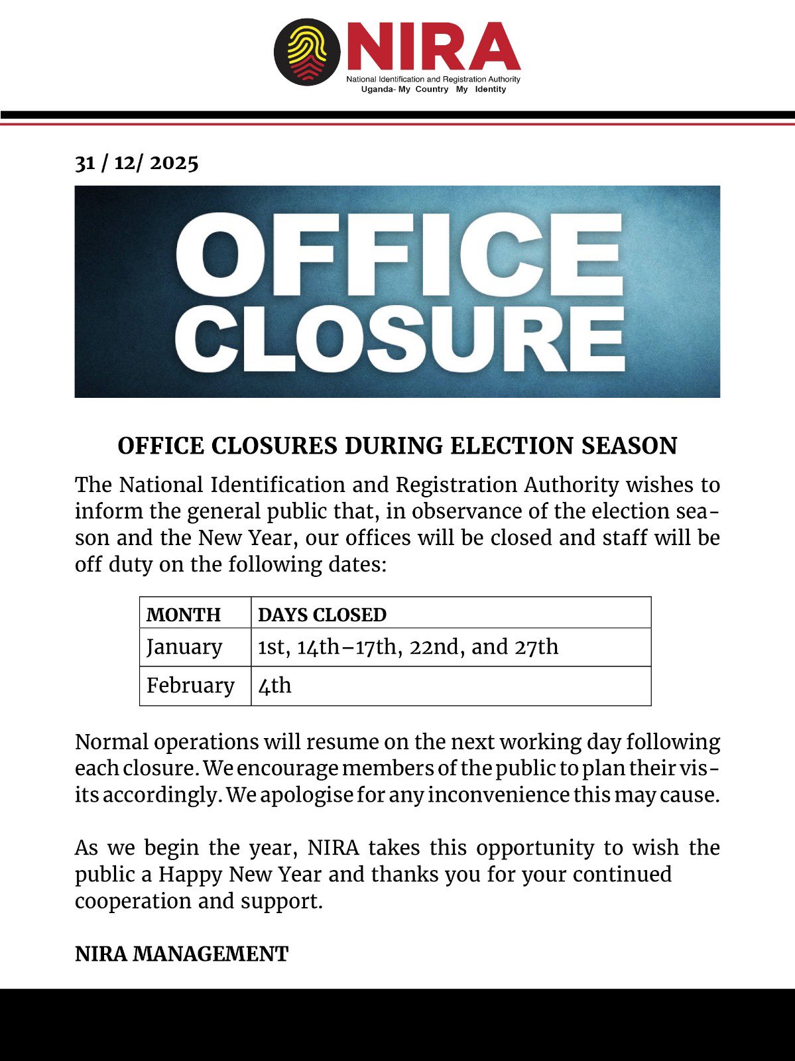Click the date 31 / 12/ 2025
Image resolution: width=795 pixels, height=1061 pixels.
[137, 162]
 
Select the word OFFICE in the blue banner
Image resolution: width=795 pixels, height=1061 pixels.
[398, 255]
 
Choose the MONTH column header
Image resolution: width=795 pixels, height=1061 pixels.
[184, 615]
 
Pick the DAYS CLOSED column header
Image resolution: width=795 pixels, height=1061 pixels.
[322, 615]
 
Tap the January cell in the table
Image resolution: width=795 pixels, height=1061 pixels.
[184, 647]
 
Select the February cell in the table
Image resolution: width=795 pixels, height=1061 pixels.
[190, 685]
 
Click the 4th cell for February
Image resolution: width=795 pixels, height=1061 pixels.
[275, 685]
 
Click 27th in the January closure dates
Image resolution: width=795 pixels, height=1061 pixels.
[536, 647]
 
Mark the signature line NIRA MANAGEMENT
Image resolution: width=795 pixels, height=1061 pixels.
[182, 954]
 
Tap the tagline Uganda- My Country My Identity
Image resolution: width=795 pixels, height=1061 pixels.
[434, 90]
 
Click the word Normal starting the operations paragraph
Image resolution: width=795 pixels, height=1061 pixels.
[111, 741]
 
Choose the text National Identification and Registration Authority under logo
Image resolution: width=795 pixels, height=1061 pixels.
[434, 80]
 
